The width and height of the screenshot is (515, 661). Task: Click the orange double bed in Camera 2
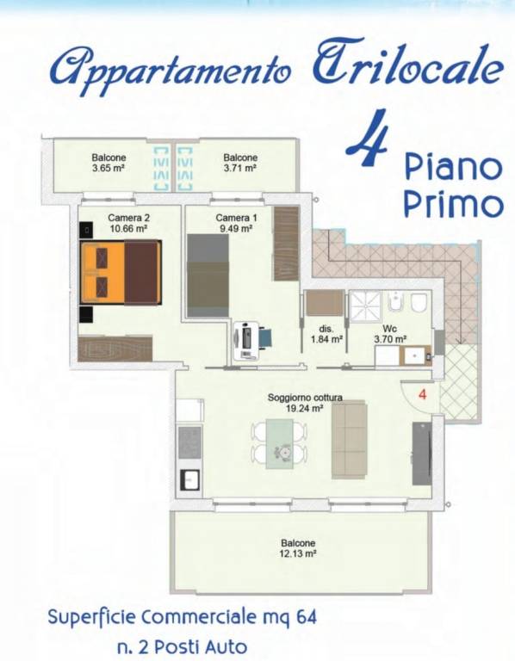[121, 272]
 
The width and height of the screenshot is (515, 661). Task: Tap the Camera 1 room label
[236, 218]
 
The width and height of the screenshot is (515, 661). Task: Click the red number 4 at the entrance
[422, 394]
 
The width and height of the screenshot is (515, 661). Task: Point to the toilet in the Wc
[419, 303]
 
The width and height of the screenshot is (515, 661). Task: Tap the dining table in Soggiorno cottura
[280, 444]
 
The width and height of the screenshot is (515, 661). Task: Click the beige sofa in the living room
[350, 440]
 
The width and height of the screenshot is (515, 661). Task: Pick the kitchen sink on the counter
[189, 479]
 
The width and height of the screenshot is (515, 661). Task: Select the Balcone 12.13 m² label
[298, 548]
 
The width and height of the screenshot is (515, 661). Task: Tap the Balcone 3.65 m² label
[109, 163]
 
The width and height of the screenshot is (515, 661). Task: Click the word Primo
[453, 205]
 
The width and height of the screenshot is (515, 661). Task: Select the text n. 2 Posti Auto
[183, 646]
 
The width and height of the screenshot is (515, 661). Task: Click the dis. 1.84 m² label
[326, 334]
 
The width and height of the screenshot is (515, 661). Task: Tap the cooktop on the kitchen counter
[189, 442]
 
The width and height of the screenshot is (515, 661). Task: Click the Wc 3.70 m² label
[390, 334]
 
